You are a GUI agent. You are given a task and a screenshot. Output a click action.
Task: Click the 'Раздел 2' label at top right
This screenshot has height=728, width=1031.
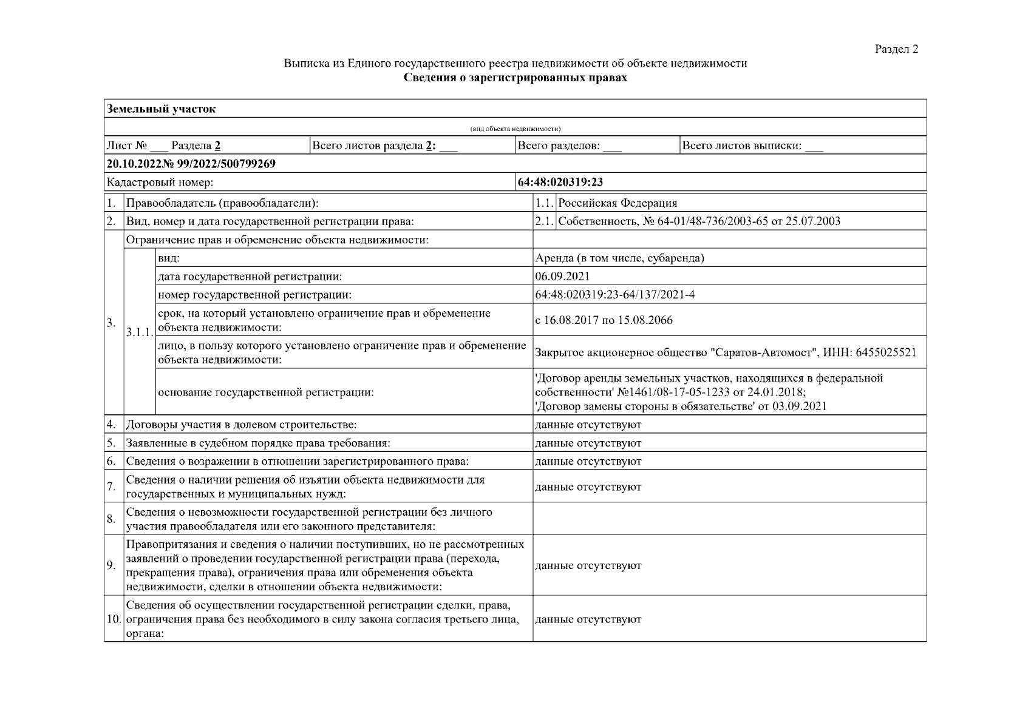[896, 50]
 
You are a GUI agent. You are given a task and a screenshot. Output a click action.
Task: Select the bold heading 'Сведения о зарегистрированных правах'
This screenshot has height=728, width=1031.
[515, 78]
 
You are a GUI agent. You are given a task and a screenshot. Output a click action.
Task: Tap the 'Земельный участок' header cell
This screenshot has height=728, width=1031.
[162, 109]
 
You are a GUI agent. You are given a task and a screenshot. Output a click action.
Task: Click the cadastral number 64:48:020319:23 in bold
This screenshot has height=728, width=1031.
[560, 182]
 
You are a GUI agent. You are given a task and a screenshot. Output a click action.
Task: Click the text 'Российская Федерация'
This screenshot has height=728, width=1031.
[618, 203]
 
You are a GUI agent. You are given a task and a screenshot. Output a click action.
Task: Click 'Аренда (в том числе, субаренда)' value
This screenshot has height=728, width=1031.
[619, 258]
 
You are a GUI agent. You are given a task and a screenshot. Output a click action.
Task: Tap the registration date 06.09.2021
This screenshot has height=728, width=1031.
[562, 277]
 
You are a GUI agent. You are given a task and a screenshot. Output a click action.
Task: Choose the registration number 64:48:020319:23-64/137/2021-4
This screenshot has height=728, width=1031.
[614, 295]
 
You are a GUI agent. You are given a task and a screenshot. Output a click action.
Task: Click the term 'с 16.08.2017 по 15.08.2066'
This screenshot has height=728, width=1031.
[604, 320]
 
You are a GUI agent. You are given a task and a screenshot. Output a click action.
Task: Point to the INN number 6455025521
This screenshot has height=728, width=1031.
[885, 352]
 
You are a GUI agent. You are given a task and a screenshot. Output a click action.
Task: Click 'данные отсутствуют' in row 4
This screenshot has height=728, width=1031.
[588, 425]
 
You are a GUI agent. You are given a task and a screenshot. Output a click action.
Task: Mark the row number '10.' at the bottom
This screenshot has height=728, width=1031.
[114, 619]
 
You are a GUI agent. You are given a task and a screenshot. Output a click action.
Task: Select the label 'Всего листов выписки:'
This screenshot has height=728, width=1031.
[742, 146]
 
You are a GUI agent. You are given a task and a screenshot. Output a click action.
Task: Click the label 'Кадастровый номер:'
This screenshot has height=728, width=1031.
[160, 182]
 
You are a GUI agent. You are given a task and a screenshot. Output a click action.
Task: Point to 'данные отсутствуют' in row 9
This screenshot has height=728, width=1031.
[588, 565]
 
